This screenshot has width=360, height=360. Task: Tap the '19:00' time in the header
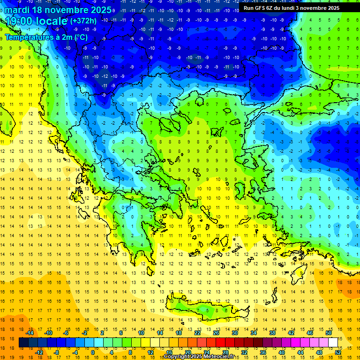[20, 22]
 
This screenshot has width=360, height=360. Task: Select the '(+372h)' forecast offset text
[83, 21]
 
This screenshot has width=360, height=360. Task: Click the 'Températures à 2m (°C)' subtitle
[46, 37]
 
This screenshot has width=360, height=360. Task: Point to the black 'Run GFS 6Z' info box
[298, 7]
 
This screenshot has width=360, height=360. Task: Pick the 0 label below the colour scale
[92, 352]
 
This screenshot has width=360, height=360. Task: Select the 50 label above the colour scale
[328, 333]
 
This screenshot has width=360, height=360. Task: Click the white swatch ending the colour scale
[333, 343]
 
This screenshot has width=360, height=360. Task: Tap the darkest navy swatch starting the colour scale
[23, 343]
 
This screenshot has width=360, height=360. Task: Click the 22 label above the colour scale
[198, 333]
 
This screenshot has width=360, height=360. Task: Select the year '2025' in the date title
[98, 9]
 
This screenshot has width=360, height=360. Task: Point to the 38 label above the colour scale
[272, 333]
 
